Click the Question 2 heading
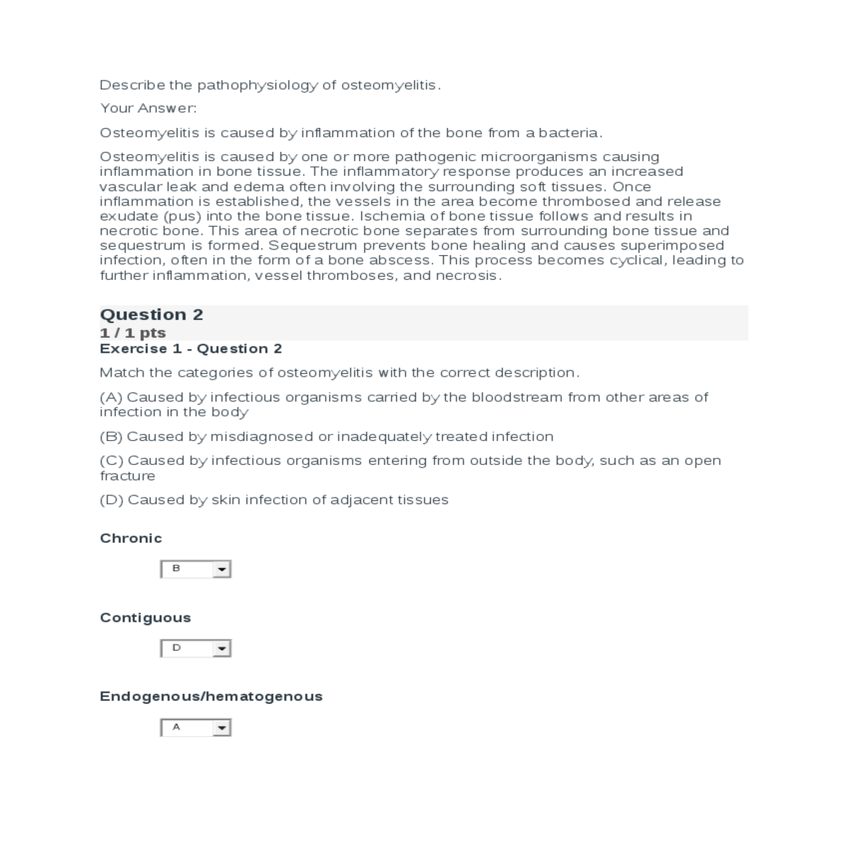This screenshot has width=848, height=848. pos(151,314)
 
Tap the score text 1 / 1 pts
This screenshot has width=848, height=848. pos(133,333)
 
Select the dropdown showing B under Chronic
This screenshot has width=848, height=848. pos(196,569)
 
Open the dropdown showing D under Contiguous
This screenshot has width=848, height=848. pos(196,648)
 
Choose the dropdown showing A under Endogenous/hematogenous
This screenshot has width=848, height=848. pos(196,727)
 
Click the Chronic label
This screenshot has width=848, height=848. pos(131,538)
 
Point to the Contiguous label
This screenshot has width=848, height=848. pos(146,618)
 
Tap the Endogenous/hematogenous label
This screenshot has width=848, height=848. pos(211,697)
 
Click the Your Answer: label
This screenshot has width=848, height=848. pos(148,108)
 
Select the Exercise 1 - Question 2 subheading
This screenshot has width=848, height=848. pos(191,348)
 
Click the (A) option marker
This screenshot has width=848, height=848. pos(111,397)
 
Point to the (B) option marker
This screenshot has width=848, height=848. pos(111,437)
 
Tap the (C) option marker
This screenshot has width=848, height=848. pos(111,461)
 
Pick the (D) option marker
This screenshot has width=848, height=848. pos(111,500)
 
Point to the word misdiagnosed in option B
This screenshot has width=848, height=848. pos(261,437)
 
